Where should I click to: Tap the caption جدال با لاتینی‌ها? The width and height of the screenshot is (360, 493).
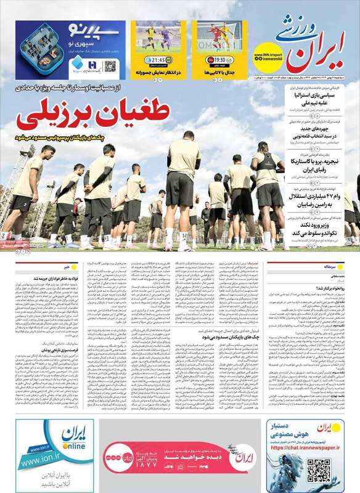point(219,73)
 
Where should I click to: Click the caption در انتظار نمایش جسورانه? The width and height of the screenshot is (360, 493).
point(158,73)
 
